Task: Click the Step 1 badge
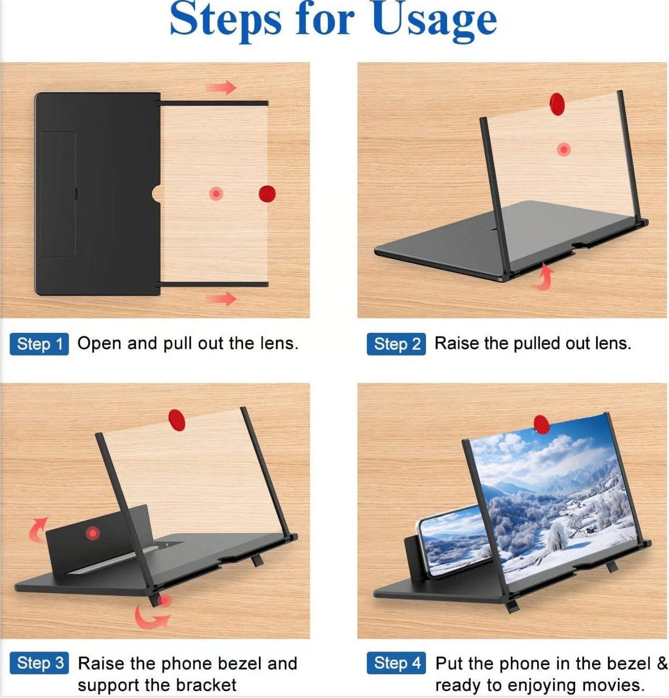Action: tap(39, 344)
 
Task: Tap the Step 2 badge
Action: tap(396, 344)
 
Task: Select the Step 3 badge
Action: tap(39, 663)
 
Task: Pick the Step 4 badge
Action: tap(396, 663)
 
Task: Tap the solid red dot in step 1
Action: tap(267, 194)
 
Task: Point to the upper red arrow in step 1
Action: tap(221, 88)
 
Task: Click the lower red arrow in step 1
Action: tap(221, 299)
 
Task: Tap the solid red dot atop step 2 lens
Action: tap(557, 104)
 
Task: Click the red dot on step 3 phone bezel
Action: tap(92, 533)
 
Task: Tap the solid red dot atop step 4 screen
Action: tap(541, 425)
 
